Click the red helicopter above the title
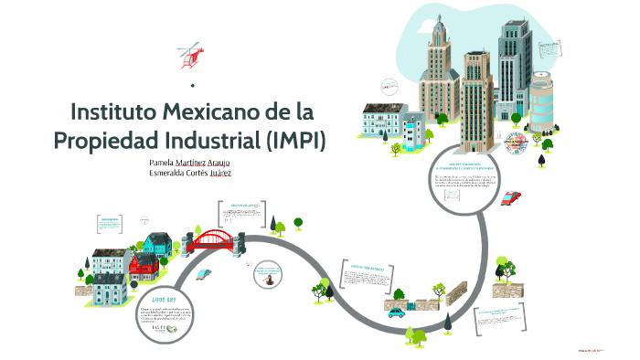192,54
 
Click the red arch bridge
216,240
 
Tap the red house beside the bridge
143,267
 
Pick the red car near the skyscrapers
512,197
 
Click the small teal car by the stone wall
396,312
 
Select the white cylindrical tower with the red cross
542,101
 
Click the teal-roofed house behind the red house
157,243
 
